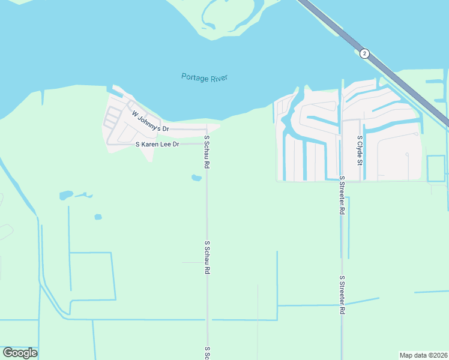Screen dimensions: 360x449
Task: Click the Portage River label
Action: pyautogui.click(x=205, y=77)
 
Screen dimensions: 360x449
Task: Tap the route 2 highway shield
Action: pyautogui.click(x=364, y=53)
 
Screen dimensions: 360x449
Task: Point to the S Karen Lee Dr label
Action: pyautogui.click(x=158, y=145)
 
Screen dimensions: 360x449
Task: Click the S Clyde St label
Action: pyautogui.click(x=360, y=150)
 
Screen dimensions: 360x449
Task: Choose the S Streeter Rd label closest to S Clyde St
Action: pyautogui.click(x=342, y=196)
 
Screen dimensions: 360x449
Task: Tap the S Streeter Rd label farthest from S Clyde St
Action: pyautogui.click(x=342, y=295)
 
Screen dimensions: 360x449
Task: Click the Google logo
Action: pyautogui.click(x=20, y=353)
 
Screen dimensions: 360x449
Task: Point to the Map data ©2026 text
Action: pyautogui.click(x=423, y=355)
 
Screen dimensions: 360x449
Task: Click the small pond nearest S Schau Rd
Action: pyautogui.click(x=196, y=178)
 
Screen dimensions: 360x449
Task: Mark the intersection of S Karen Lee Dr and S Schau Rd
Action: pyautogui.click(x=206, y=144)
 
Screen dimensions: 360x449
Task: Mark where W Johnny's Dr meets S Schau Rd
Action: pyautogui.click(x=206, y=129)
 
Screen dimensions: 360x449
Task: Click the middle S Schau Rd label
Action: pyautogui.click(x=206, y=258)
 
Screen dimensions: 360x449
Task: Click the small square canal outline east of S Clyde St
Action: pyautogui.click(x=435, y=169)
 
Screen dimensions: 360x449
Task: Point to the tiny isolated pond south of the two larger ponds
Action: pyautogui.click(x=98, y=217)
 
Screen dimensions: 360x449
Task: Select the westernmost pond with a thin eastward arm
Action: pyautogui.click(x=67, y=195)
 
